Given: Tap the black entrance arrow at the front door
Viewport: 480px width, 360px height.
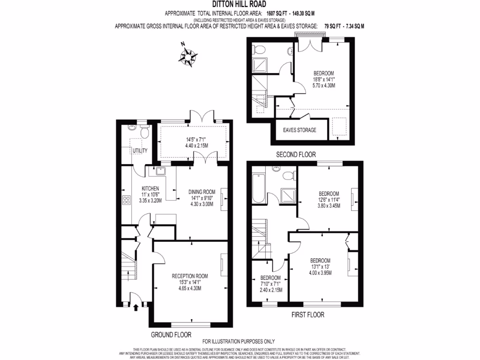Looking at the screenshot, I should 136,307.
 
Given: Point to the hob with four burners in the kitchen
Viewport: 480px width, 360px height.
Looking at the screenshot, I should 126,201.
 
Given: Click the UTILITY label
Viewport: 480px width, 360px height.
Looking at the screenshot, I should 140,150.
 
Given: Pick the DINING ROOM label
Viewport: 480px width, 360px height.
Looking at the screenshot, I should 202,192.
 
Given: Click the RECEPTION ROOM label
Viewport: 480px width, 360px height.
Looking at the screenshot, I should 189,276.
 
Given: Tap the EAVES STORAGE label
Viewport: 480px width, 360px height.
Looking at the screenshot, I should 300,130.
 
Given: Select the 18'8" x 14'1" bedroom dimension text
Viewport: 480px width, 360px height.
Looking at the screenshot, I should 323,79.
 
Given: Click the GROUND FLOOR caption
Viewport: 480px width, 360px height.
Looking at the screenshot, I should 171,335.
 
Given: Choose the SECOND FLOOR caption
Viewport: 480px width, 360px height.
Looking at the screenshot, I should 295,154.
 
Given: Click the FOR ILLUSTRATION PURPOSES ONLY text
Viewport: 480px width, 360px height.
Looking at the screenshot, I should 238,341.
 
